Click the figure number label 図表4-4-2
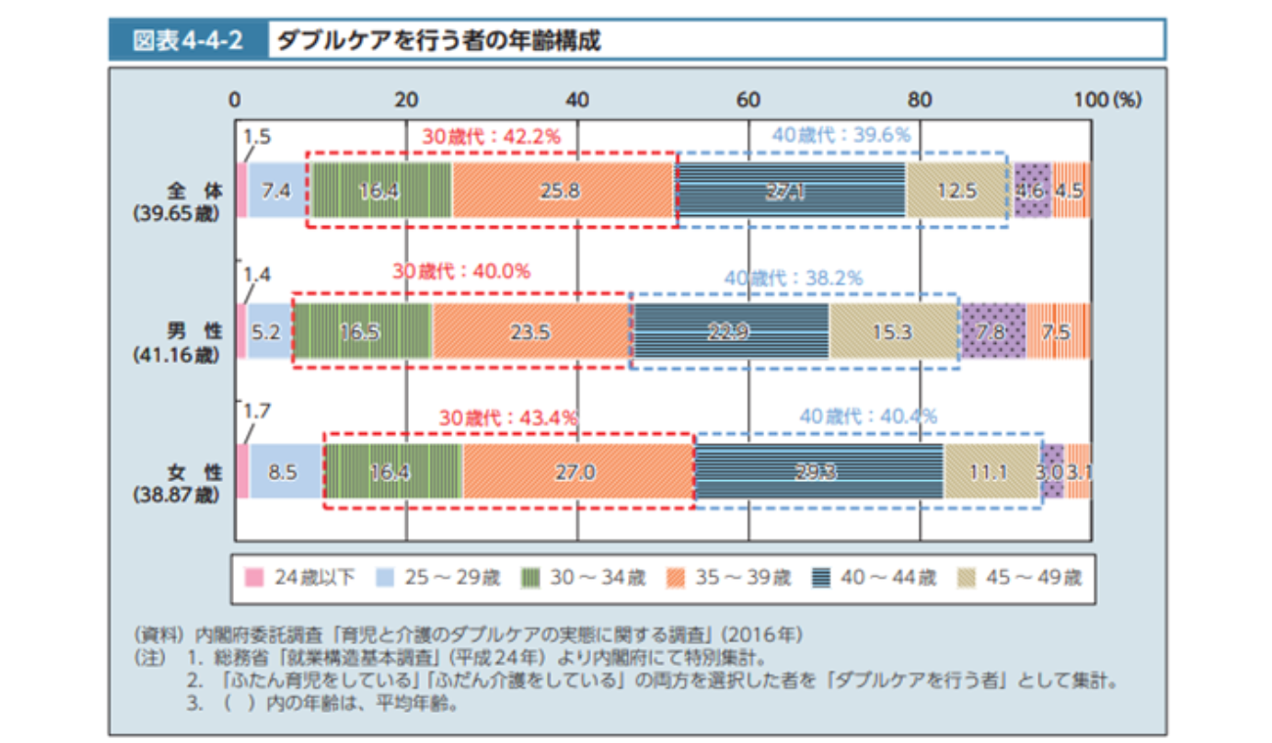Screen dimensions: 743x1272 [x=187, y=41]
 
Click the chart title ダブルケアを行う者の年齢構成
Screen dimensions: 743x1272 [x=438, y=41]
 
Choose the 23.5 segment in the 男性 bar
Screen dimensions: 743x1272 [x=529, y=332]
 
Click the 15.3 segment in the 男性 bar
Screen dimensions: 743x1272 [x=892, y=332]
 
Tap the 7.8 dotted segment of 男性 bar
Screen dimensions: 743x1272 [x=992, y=332]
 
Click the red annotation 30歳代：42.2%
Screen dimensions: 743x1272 [x=491, y=137]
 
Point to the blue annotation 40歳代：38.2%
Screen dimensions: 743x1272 [x=793, y=278]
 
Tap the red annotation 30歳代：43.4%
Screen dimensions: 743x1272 [x=508, y=417]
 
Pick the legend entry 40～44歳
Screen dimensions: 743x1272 [x=877, y=577]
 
